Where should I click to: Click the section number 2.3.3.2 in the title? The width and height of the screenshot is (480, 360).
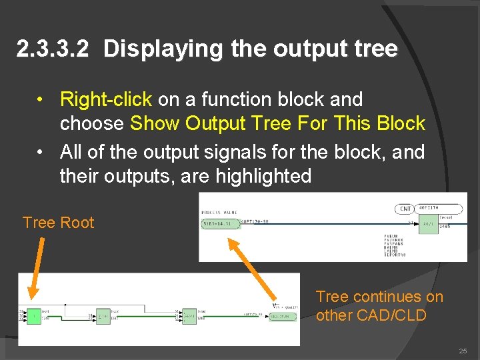52,49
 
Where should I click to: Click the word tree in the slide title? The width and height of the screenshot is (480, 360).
375,49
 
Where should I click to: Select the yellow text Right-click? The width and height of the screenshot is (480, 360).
106,100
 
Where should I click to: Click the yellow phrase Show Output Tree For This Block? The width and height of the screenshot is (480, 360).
277,124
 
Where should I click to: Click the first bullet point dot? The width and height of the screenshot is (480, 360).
41,100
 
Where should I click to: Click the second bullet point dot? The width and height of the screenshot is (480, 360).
41,152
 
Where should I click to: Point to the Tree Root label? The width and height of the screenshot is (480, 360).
59,223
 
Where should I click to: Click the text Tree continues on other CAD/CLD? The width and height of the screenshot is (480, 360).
379,306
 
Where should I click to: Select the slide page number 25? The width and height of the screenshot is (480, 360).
463,351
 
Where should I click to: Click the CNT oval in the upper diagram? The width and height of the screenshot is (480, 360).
405,209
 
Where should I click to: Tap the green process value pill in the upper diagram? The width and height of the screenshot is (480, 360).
221,224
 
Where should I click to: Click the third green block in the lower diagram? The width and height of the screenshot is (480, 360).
189,315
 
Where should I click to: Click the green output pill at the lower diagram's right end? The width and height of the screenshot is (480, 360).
283,316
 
